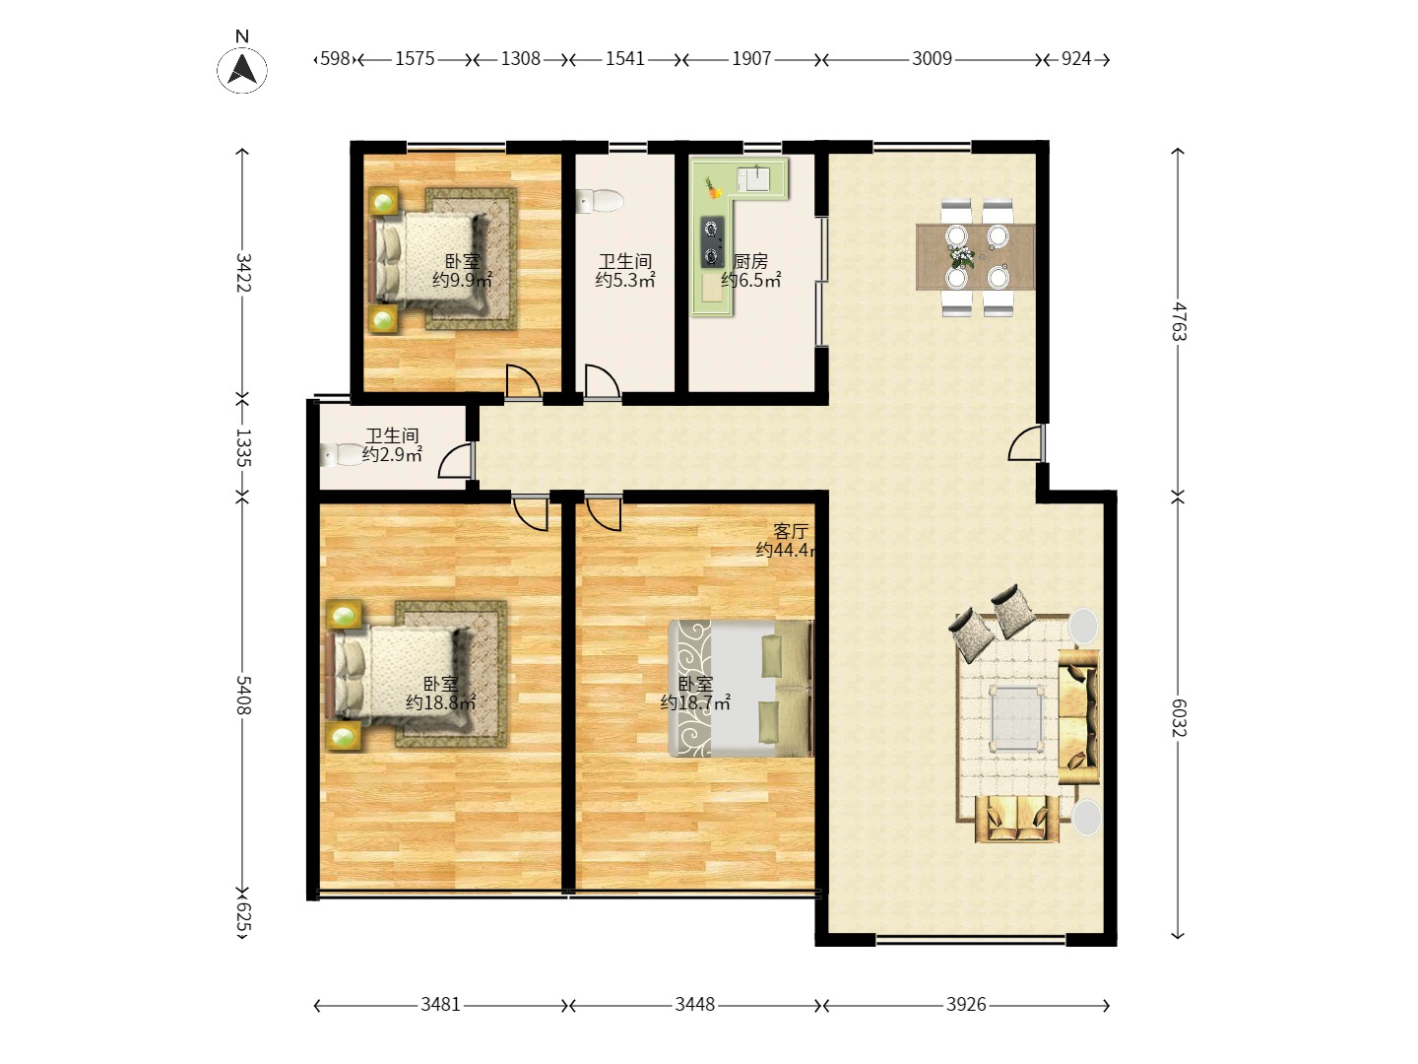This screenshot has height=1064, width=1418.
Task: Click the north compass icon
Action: pos(242,70)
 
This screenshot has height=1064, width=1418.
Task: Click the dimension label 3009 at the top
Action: pos(932,59)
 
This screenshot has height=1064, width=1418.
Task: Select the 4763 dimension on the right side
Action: pos(1179,322)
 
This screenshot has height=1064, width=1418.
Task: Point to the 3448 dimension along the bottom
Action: pos(694,1005)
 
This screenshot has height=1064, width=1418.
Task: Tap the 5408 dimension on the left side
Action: pos(243,696)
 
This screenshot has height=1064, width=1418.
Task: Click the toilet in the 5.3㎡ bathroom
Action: pos(601,201)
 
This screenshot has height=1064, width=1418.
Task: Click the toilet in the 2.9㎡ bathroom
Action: pos(343,455)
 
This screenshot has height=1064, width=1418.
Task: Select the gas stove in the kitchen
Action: pos(711,242)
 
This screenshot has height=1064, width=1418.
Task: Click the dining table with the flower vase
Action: pos(975,257)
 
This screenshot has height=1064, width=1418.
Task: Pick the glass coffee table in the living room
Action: pos(1017,718)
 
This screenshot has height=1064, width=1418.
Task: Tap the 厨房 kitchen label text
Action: pos(750,262)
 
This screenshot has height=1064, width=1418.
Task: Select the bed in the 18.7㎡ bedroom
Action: pos(740,688)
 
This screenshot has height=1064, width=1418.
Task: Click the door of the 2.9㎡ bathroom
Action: pos(456,461)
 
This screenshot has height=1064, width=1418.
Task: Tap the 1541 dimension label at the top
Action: pos(625,59)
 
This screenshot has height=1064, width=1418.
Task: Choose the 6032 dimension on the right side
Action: pos(1179,717)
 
